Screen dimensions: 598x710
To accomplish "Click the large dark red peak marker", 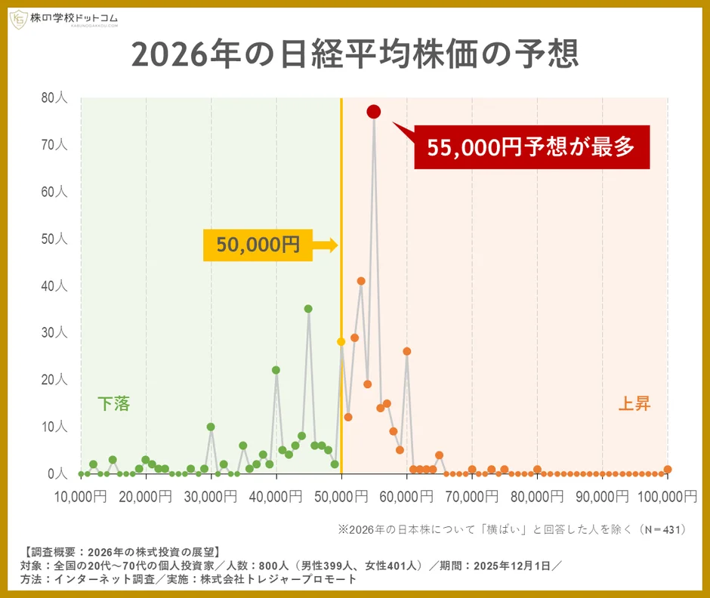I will tap(374, 112).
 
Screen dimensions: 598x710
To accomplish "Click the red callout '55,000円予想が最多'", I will tap(532, 147).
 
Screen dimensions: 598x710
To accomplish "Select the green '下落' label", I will tap(113, 404).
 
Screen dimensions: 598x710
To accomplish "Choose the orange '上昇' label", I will tap(634, 404).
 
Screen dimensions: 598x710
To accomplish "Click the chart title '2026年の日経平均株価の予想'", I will tap(354, 54).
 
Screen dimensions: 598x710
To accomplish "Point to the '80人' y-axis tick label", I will tap(55, 97).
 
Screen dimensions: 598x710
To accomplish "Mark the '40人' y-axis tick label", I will tap(55, 286).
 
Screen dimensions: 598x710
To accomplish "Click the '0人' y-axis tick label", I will tap(58, 474).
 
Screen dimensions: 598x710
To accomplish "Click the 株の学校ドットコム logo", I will tap(63, 20).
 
